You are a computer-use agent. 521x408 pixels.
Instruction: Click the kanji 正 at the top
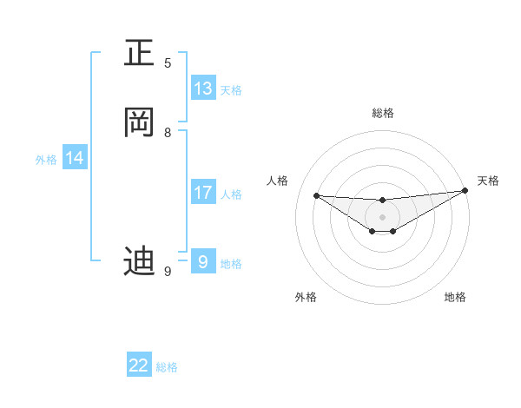(139, 54)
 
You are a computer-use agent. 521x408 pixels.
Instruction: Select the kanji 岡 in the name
(139, 123)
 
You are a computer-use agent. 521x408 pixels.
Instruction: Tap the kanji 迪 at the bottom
(139, 260)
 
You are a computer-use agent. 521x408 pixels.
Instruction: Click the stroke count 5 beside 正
(168, 63)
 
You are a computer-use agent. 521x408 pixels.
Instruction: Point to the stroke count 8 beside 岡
(168, 132)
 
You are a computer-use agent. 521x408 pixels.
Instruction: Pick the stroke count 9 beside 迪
(168, 271)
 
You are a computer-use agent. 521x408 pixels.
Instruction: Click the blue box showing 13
(203, 89)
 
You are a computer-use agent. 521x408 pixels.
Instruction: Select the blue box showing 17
(203, 193)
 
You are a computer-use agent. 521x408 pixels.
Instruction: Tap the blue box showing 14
(75, 158)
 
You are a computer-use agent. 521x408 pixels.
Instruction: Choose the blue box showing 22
(139, 365)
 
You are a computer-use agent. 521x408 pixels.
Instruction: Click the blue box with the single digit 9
(203, 262)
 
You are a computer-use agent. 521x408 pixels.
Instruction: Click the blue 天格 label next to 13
(231, 90)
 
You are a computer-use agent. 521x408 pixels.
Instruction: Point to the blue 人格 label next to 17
(231, 194)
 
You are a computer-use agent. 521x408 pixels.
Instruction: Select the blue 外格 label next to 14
(46, 160)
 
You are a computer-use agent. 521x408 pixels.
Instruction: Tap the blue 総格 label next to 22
(167, 367)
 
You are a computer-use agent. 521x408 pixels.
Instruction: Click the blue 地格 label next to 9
(231, 264)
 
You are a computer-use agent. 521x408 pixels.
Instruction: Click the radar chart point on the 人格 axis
(316, 195)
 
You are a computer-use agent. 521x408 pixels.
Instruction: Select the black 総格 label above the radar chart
(382, 113)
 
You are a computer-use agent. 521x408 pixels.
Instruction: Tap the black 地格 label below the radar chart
(455, 297)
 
